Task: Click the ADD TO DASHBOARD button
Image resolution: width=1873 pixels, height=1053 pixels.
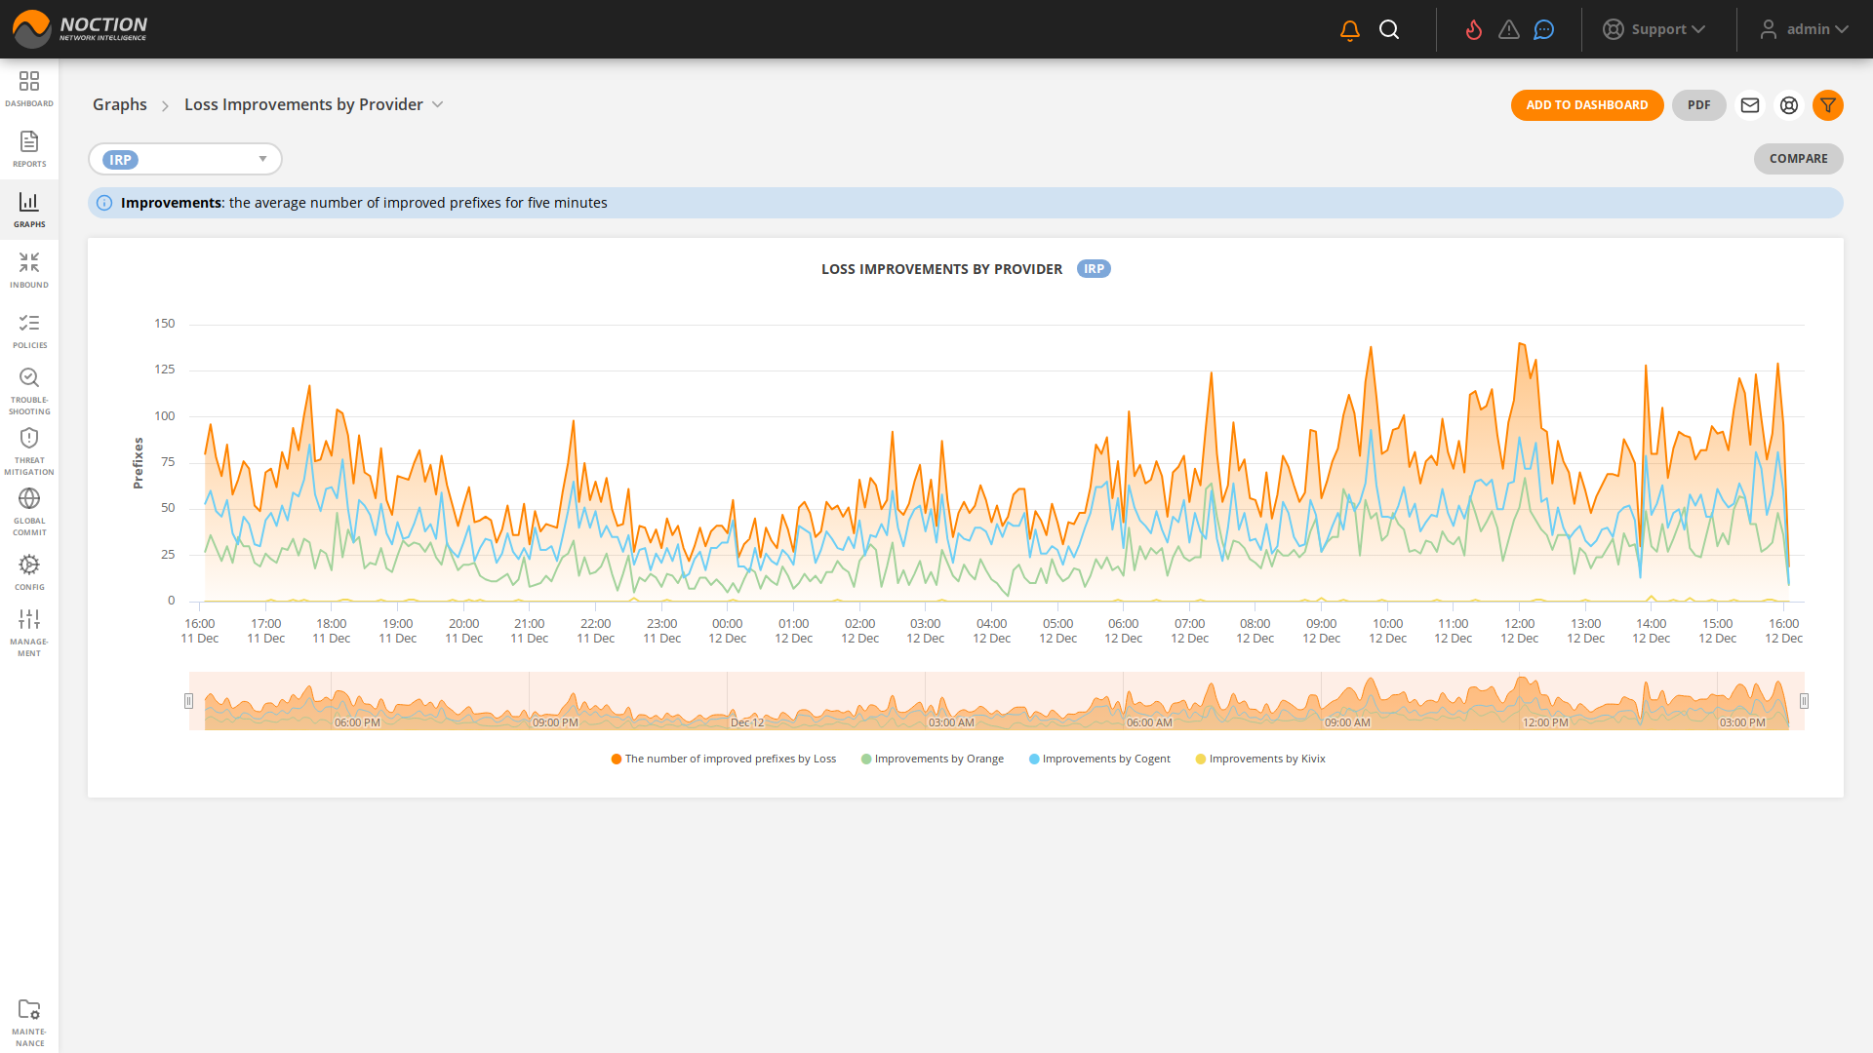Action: [1586, 105]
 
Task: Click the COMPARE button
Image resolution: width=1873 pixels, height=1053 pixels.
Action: [1798, 159]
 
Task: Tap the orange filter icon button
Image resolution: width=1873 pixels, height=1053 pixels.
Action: [1827, 105]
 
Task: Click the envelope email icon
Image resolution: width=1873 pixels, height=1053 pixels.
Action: [1749, 105]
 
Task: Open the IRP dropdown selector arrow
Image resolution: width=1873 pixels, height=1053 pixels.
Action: [262, 159]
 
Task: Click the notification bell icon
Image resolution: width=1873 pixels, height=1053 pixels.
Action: [1349, 30]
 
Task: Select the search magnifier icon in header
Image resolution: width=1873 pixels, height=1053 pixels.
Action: [1389, 30]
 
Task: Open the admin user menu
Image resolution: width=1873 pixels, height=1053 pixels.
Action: [1804, 29]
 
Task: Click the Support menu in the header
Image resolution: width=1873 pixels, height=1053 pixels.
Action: [1654, 29]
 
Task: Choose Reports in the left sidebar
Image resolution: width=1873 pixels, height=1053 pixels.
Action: [29, 149]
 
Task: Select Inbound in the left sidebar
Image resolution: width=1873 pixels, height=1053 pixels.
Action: [29, 270]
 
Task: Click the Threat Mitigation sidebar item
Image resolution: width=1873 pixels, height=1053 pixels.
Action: [29, 451]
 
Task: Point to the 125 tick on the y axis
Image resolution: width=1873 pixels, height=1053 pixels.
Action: [165, 370]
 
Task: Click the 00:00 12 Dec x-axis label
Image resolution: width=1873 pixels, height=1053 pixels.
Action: [727, 631]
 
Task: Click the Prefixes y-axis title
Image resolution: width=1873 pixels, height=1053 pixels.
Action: [138, 462]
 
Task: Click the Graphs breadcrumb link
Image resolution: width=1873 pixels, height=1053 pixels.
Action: [120, 104]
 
